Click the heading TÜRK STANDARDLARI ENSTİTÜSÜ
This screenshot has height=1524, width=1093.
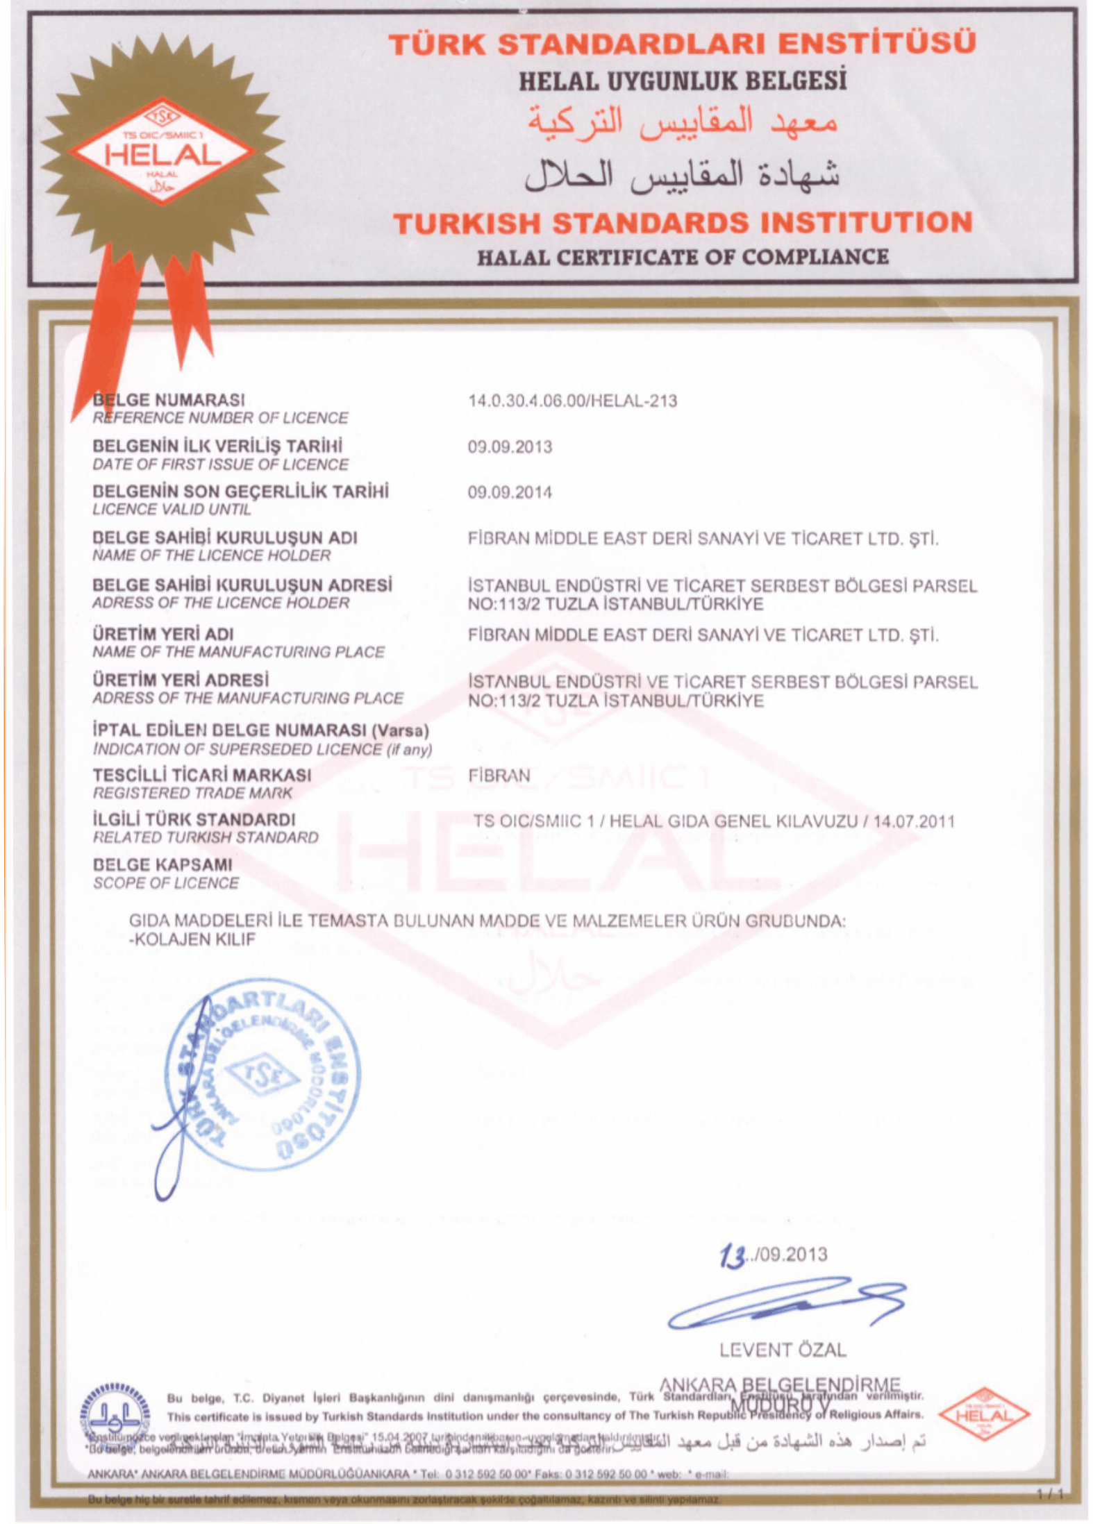[x=682, y=44]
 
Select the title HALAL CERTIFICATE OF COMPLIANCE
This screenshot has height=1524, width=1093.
[x=682, y=258]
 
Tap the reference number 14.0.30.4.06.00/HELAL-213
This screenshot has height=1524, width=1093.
[x=572, y=401]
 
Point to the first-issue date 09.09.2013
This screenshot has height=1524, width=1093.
[x=510, y=446]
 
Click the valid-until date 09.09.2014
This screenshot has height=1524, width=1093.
[x=510, y=492]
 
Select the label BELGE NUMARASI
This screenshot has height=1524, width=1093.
[x=169, y=400]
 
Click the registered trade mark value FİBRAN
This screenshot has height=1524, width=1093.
[x=499, y=776]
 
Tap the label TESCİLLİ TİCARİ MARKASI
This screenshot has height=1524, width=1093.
[x=202, y=775]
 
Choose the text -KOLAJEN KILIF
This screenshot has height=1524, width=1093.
[x=192, y=939]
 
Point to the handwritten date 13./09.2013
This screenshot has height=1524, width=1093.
[x=774, y=1255]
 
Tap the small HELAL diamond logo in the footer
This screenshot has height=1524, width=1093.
[x=984, y=1414]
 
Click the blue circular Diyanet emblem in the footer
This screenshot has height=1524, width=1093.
[x=116, y=1412]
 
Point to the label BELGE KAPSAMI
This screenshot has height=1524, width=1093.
[x=162, y=865]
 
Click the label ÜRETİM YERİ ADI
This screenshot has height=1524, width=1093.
[x=163, y=634]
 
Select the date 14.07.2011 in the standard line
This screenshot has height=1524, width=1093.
[x=914, y=821]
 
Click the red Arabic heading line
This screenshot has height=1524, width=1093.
[x=682, y=120]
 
